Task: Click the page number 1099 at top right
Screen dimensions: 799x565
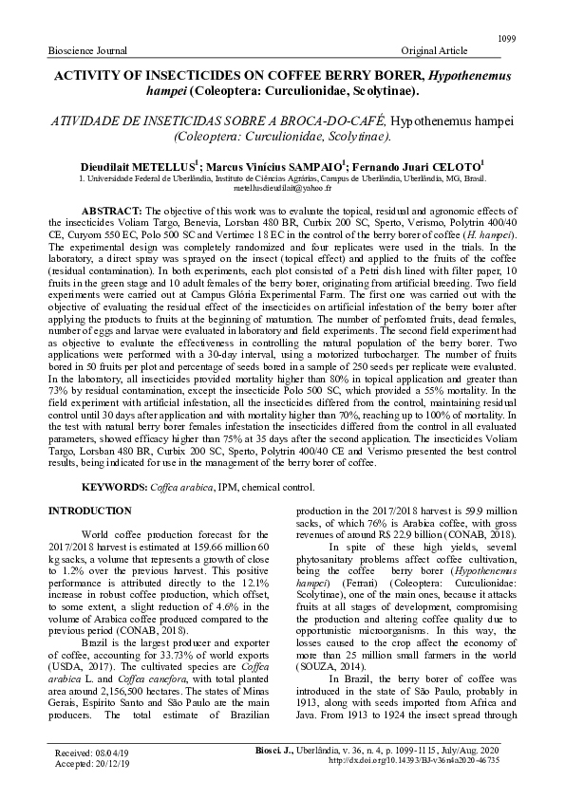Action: pyautogui.click(x=506, y=37)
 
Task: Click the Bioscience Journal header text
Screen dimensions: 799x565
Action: pyautogui.click(x=88, y=48)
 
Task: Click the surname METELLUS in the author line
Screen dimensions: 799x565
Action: pyautogui.click(x=177, y=164)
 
